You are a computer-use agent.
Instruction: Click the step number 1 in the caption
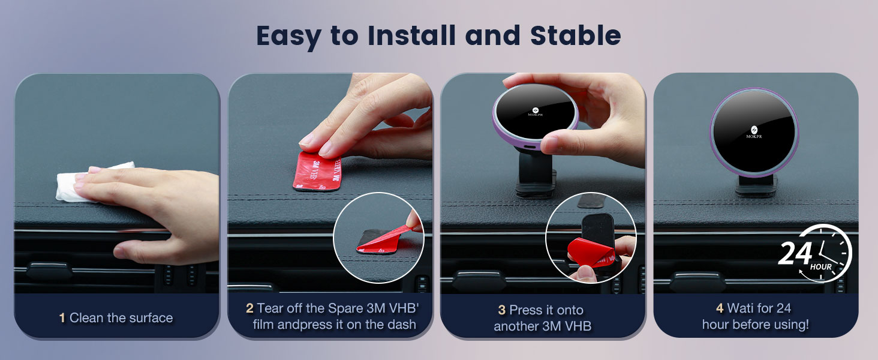pyautogui.click(x=62, y=318)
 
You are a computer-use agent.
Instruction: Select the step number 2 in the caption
pyautogui.click(x=249, y=308)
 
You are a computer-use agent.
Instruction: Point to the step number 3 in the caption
pyautogui.click(x=501, y=310)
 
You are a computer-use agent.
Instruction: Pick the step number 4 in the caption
pyautogui.click(x=720, y=308)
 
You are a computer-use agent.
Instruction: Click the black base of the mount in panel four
pyautogui.click(x=756, y=187)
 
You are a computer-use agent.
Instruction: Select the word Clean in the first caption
pyautogui.click(x=86, y=318)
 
